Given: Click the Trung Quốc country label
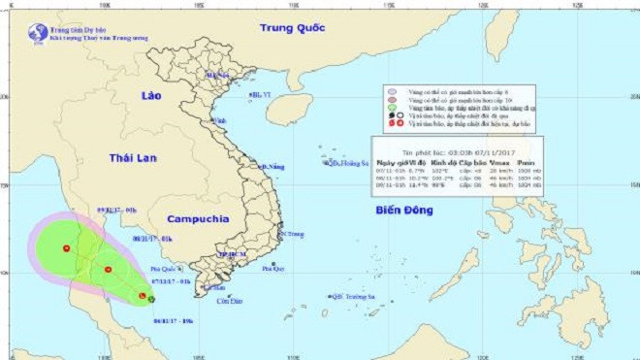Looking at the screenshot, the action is [292, 28].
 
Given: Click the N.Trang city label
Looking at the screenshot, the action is [292, 234].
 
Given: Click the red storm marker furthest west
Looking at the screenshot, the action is [66, 248].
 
